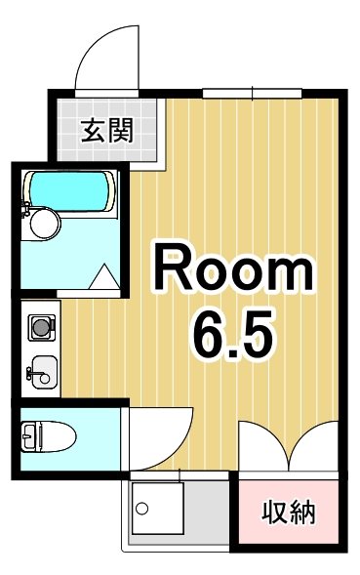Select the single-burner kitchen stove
tap(41, 326)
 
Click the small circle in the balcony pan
tap(140, 509)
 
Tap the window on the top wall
tap(253, 93)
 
